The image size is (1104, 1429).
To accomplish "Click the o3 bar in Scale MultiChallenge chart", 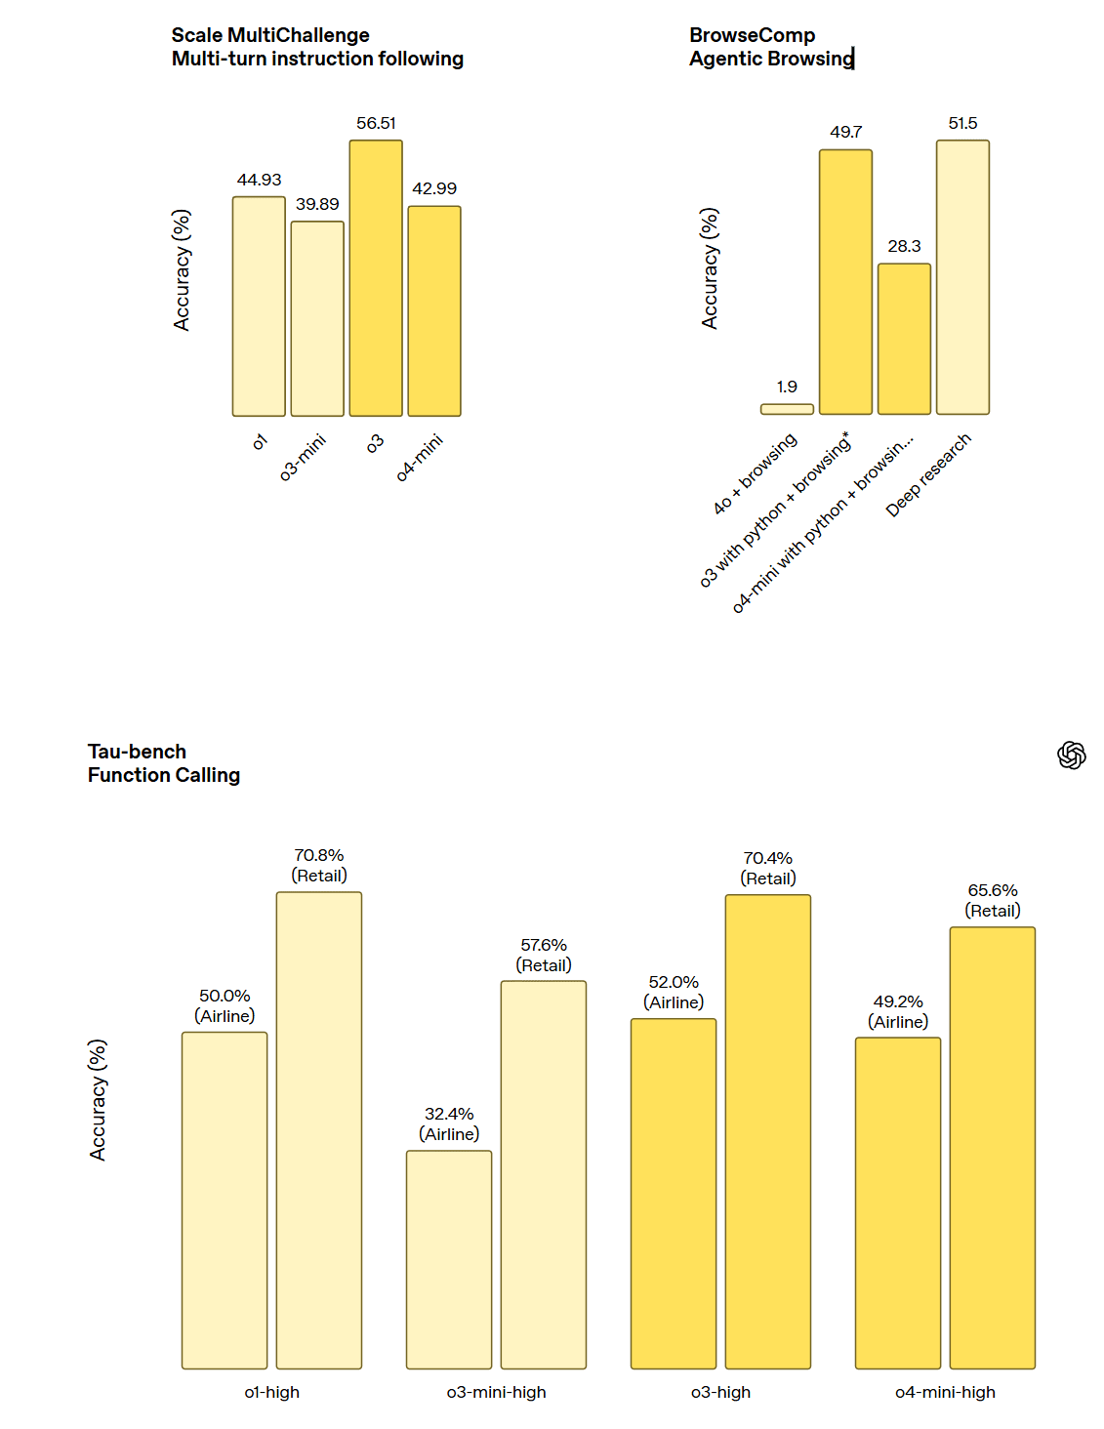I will click(x=376, y=278).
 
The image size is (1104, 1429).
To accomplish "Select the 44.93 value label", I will click(x=259, y=180).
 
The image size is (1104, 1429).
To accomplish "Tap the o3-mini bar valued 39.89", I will click(x=317, y=318).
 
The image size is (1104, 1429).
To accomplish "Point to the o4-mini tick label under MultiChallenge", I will click(x=420, y=457).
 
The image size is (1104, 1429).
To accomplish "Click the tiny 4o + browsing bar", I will click(x=787, y=409).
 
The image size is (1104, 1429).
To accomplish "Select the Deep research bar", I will click(x=962, y=277).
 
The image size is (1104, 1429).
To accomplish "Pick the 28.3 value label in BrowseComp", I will click(x=904, y=246).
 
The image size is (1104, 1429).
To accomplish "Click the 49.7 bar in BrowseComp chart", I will click(x=845, y=282).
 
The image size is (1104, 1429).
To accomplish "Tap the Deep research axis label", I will click(x=928, y=474).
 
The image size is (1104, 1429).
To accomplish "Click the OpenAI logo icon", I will click(x=1071, y=755).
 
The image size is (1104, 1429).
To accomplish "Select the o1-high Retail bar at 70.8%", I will click(x=319, y=1130).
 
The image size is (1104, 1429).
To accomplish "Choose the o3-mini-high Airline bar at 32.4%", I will click(x=449, y=1259).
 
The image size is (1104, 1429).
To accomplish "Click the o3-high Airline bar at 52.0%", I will click(x=674, y=1193).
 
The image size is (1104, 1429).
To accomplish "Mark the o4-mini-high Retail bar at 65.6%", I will click(x=992, y=1148).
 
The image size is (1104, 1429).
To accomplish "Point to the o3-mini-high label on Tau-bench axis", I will click(x=496, y=1392).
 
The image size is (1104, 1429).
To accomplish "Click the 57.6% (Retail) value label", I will click(x=544, y=955).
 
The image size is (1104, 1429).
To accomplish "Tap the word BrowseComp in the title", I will click(x=752, y=35).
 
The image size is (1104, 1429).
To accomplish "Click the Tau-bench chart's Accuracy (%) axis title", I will click(x=98, y=1099).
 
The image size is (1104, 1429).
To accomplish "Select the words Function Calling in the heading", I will click(x=164, y=775).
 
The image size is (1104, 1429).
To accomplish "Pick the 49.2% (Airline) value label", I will click(x=898, y=1011).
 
